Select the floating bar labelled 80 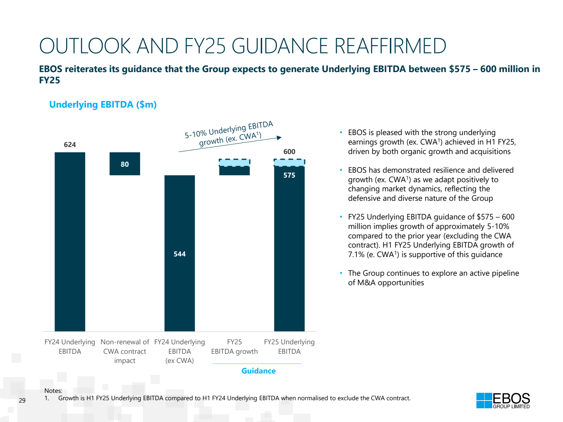(x=125, y=164)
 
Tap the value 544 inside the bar (x=179, y=254)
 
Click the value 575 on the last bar (x=289, y=175)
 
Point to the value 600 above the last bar (x=289, y=152)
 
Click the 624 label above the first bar (x=70, y=145)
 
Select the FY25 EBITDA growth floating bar (x=234, y=167)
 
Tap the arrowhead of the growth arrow (x=279, y=138)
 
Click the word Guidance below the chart (x=258, y=371)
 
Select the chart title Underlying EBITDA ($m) (x=103, y=104)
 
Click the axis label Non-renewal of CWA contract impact (x=125, y=351)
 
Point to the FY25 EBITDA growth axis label (x=234, y=346)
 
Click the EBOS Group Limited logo (x=503, y=401)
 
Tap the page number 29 (x=22, y=400)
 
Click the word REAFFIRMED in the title (x=390, y=46)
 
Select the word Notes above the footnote (x=53, y=390)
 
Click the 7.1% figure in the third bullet (x=356, y=255)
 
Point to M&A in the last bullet (x=366, y=283)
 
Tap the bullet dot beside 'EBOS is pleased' (x=341, y=132)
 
